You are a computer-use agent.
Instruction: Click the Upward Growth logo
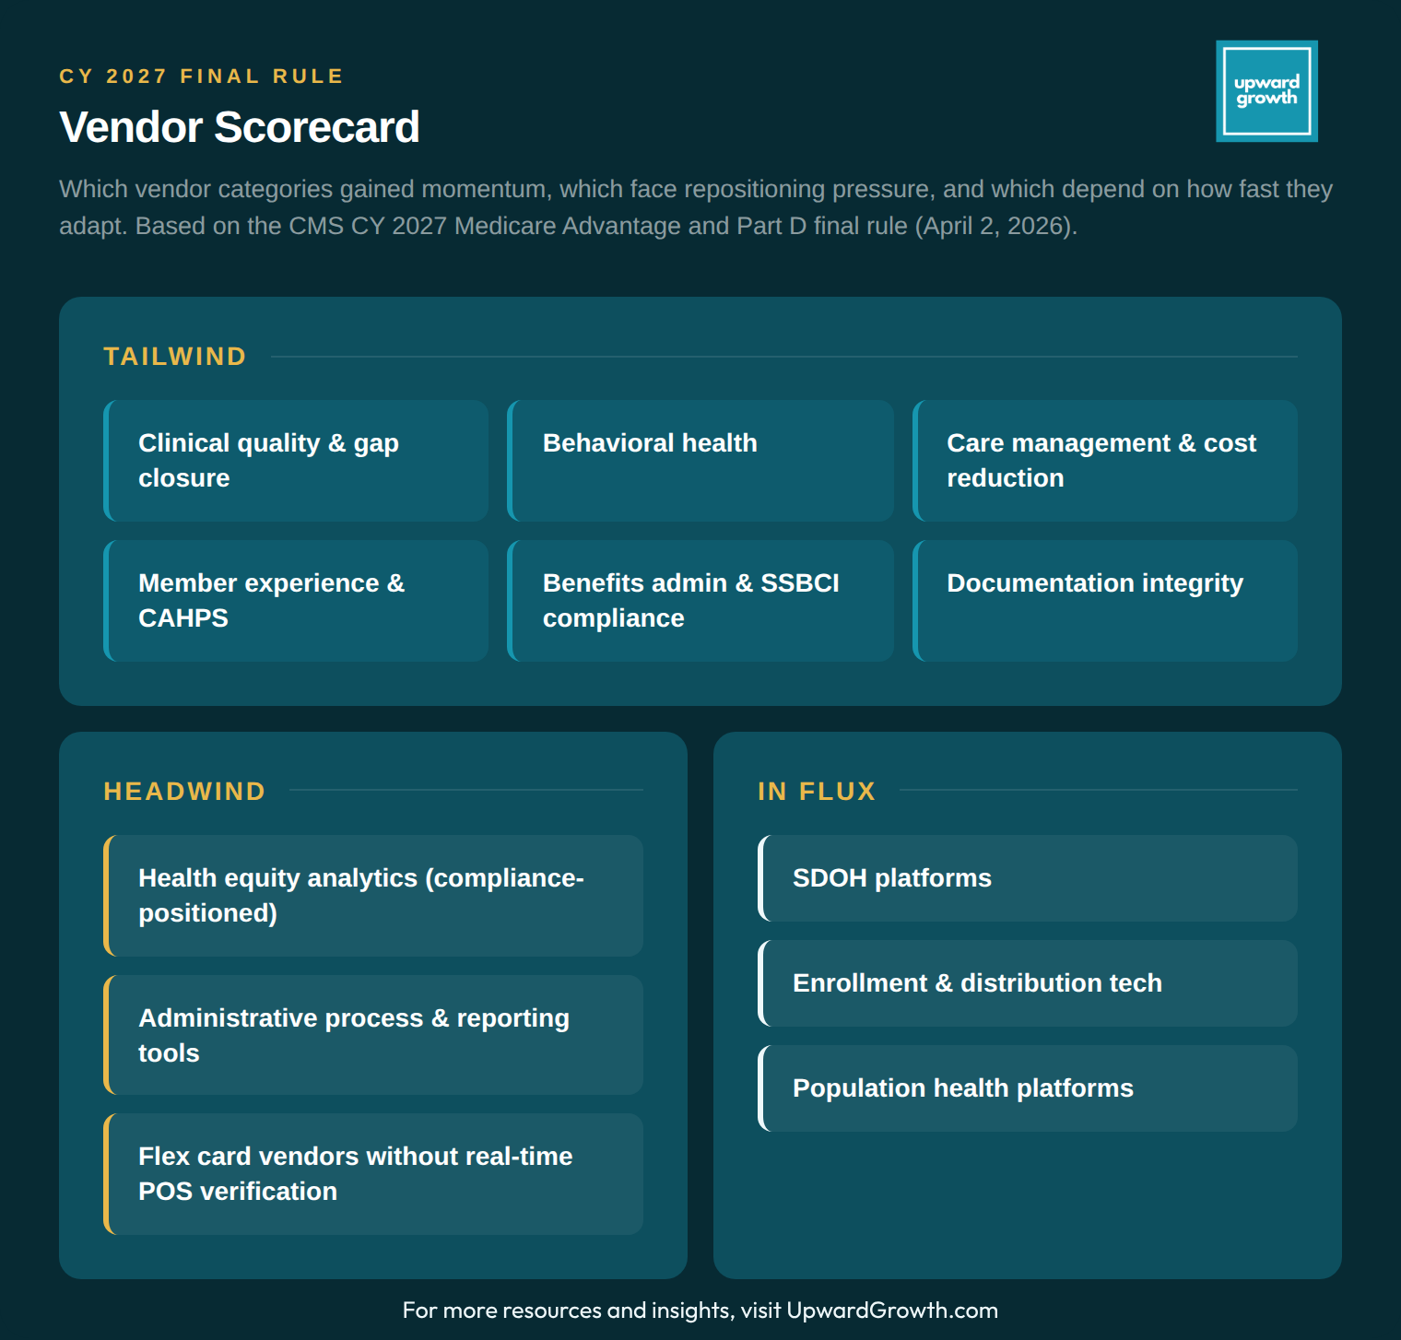pos(1266,91)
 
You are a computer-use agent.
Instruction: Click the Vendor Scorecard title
pos(239,127)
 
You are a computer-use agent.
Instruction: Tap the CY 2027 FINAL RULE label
pos(201,76)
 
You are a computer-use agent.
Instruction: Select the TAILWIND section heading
pos(175,357)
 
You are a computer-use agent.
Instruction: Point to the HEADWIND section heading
pos(184,792)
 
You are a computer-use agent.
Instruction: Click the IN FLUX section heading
pos(817,792)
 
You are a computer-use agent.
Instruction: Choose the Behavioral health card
pos(700,461)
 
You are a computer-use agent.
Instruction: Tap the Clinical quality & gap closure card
pos(296,461)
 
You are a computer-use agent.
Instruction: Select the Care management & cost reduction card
pos(1105,461)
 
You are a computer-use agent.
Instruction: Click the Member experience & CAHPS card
pos(296,601)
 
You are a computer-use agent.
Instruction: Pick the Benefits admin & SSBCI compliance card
pos(700,601)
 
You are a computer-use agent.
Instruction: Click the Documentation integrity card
pos(1105,601)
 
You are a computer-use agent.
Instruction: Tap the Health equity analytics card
pos(373,896)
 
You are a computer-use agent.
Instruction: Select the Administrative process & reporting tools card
pos(373,1035)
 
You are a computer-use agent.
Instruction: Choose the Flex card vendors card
pos(373,1174)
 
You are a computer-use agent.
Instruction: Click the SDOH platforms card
pos(1028,878)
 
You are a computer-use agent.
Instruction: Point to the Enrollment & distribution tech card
pos(1028,983)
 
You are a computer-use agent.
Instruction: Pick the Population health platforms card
pos(1028,1088)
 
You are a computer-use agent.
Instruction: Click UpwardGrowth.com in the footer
pos(891,1311)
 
